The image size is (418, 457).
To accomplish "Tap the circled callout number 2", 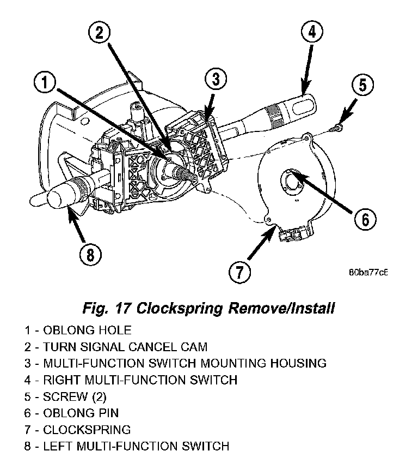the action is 100,32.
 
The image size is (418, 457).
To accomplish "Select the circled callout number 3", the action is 216,79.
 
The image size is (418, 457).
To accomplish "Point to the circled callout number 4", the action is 311,32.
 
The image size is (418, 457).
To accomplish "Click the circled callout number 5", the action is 362,85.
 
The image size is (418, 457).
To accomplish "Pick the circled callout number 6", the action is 365,219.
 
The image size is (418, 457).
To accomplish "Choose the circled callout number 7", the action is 239,272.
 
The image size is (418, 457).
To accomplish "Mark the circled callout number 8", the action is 90,255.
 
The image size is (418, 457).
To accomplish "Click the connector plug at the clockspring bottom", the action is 292,234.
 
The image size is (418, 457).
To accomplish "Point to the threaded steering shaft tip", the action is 192,177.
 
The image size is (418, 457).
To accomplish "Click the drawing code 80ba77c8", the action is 368,273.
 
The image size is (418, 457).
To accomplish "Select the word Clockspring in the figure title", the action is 180,308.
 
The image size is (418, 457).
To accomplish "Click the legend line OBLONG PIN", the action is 71,413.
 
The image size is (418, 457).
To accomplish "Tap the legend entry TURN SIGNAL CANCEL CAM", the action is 116,347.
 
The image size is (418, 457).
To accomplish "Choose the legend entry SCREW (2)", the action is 65,396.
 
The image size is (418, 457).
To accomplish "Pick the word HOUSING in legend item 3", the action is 298,363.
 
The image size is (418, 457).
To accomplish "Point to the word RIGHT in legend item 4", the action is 62,380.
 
